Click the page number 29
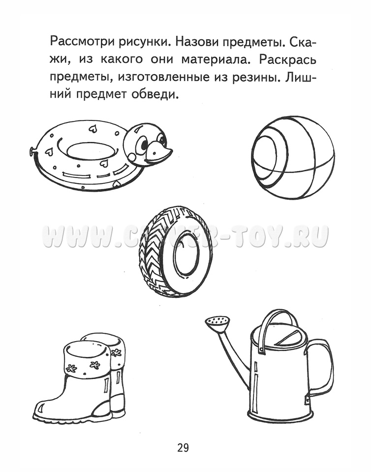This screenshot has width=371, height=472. tap(183, 448)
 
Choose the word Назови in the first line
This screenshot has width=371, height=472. tap(194, 41)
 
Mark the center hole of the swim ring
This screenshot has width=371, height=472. tap(91, 150)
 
